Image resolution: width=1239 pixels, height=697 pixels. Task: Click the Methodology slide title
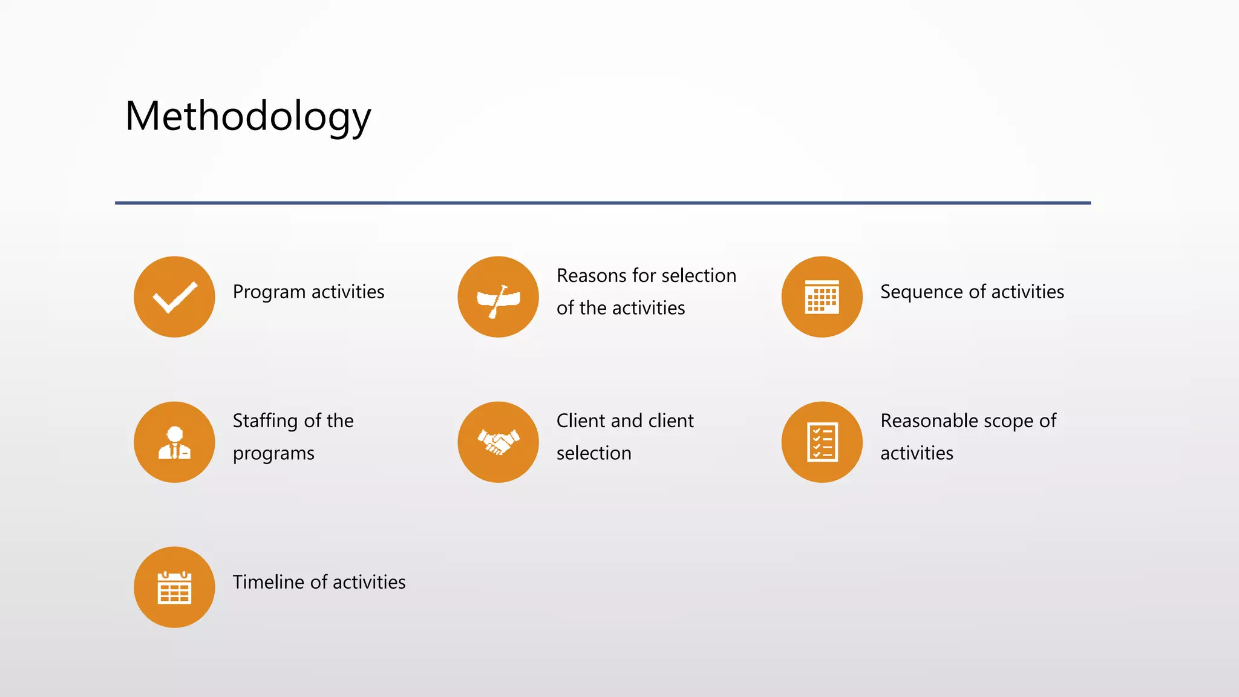(x=248, y=116)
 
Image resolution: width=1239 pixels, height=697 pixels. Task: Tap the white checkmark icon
(x=175, y=296)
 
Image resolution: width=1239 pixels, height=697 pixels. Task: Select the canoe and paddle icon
(x=498, y=298)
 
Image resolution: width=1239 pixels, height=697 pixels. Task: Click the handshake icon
(x=498, y=442)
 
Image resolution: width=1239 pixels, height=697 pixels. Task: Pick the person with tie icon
(x=174, y=443)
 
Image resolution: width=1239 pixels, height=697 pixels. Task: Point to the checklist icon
(x=822, y=442)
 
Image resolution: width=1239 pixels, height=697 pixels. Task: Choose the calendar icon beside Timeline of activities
(x=174, y=587)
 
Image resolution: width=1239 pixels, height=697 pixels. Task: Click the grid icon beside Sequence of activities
(x=822, y=297)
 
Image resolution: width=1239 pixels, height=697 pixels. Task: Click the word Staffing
(x=265, y=421)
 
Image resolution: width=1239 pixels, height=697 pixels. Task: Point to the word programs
(x=273, y=454)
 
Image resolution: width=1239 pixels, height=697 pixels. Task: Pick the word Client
(x=581, y=420)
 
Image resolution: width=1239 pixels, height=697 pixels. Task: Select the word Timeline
(x=268, y=582)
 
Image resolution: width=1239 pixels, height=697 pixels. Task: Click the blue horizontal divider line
(x=603, y=203)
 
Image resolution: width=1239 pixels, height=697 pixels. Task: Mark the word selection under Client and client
(x=593, y=453)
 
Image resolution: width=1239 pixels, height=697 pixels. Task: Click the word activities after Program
(x=348, y=292)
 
